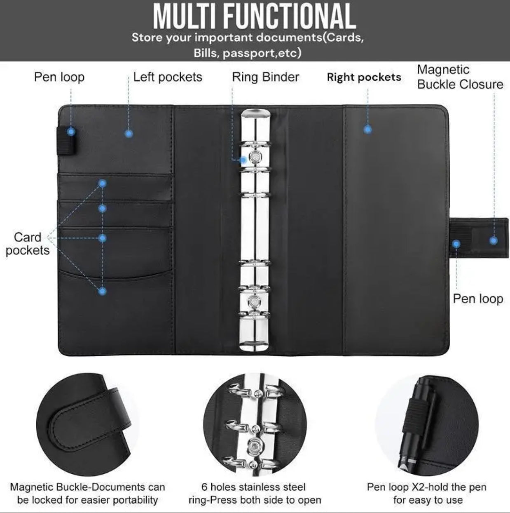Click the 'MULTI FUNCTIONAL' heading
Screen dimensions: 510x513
click(x=254, y=16)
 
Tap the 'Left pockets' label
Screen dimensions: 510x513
click(x=168, y=77)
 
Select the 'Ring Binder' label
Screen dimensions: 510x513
click(x=266, y=77)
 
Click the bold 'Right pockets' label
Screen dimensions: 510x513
click(x=364, y=77)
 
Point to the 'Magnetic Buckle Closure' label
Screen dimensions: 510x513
click(x=460, y=77)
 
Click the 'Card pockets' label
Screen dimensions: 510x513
click(x=28, y=244)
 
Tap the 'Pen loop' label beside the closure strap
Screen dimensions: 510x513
click(x=478, y=299)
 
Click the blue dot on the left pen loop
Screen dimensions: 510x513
click(x=71, y=132)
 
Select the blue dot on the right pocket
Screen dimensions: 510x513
click(x=367, y=130)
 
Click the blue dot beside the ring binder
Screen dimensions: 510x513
click(x=243, y=160)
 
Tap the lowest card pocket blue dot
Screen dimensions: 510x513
click(x=102, y=291)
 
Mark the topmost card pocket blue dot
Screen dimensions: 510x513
click(x=102, y=184)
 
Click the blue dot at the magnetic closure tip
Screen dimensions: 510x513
click(x=494, y=241)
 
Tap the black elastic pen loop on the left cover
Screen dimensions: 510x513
click(x=66, y=141)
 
